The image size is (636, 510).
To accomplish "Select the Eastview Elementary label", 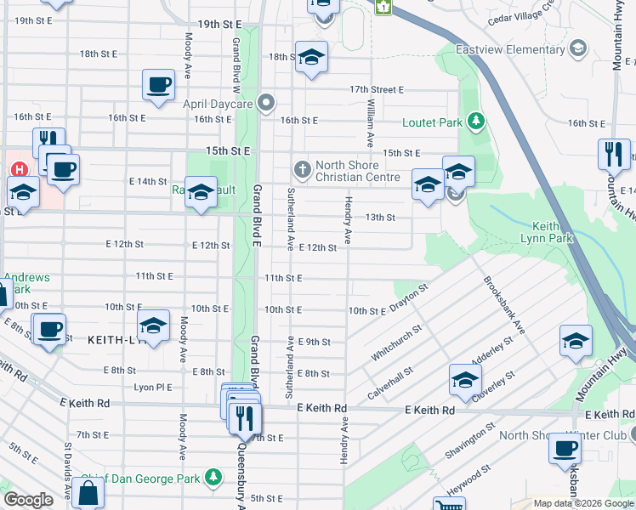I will click(x=510, y=49).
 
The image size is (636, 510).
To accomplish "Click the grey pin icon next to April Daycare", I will click(x=267, y=104).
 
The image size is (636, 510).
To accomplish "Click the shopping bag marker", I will click(x=88, y=492).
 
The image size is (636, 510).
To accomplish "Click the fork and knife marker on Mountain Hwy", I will click(x=614, y=155).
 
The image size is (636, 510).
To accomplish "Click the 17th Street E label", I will click(x=376, y=89).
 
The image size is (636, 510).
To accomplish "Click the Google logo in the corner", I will click(x=29, y=500).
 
